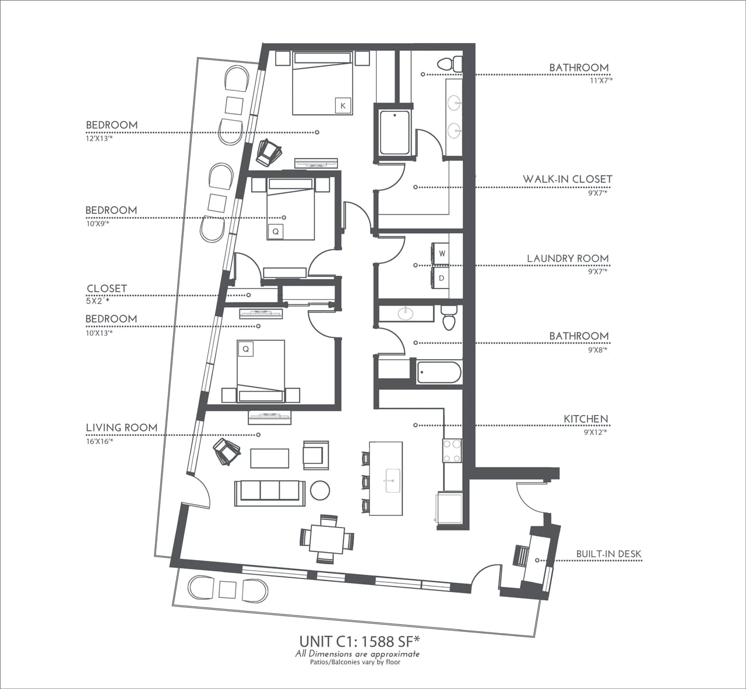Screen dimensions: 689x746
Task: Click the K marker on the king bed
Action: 343,106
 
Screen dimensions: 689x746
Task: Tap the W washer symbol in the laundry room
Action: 442,254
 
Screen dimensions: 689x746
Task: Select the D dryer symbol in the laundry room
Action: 442,278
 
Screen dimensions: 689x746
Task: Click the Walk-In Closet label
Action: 567,179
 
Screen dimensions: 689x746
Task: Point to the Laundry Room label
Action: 568,258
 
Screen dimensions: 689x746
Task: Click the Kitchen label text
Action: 586,419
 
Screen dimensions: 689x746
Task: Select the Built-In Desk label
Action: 609,554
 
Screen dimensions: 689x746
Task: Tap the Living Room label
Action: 122,427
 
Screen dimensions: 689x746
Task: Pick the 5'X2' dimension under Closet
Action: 97,301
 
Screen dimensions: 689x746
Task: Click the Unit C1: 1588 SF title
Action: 360,641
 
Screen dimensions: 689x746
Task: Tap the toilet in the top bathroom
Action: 449,63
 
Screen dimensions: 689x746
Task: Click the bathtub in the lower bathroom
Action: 439,372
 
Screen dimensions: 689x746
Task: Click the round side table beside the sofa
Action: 320,490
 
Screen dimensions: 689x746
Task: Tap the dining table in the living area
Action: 326,539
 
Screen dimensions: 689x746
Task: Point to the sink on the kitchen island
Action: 390,479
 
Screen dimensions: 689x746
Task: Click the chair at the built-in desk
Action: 520,556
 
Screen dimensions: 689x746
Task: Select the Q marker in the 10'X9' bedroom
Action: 276,231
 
